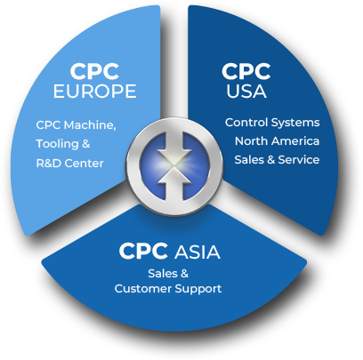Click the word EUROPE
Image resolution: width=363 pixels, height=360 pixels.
click(94, 91)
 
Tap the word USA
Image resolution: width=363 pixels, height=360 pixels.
click(246, 91)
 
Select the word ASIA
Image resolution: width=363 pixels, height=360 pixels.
click(198, 252)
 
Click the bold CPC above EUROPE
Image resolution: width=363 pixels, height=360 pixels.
click(94, 71)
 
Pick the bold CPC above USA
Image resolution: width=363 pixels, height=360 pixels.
click(246, 71)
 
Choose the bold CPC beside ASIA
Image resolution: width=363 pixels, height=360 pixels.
click(143, 252)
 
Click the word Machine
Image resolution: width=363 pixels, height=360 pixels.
click(90, 125)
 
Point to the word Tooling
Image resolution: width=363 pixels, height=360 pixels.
click(57, 144)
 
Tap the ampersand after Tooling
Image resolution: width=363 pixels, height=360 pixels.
click(86, 144)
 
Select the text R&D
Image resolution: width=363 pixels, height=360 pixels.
click(49, 164)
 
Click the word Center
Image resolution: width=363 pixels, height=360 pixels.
click(84, 164)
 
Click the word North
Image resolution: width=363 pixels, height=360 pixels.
click(251, 141)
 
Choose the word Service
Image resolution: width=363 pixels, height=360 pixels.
click(299, 160)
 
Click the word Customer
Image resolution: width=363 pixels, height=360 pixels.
click(143, 289)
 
